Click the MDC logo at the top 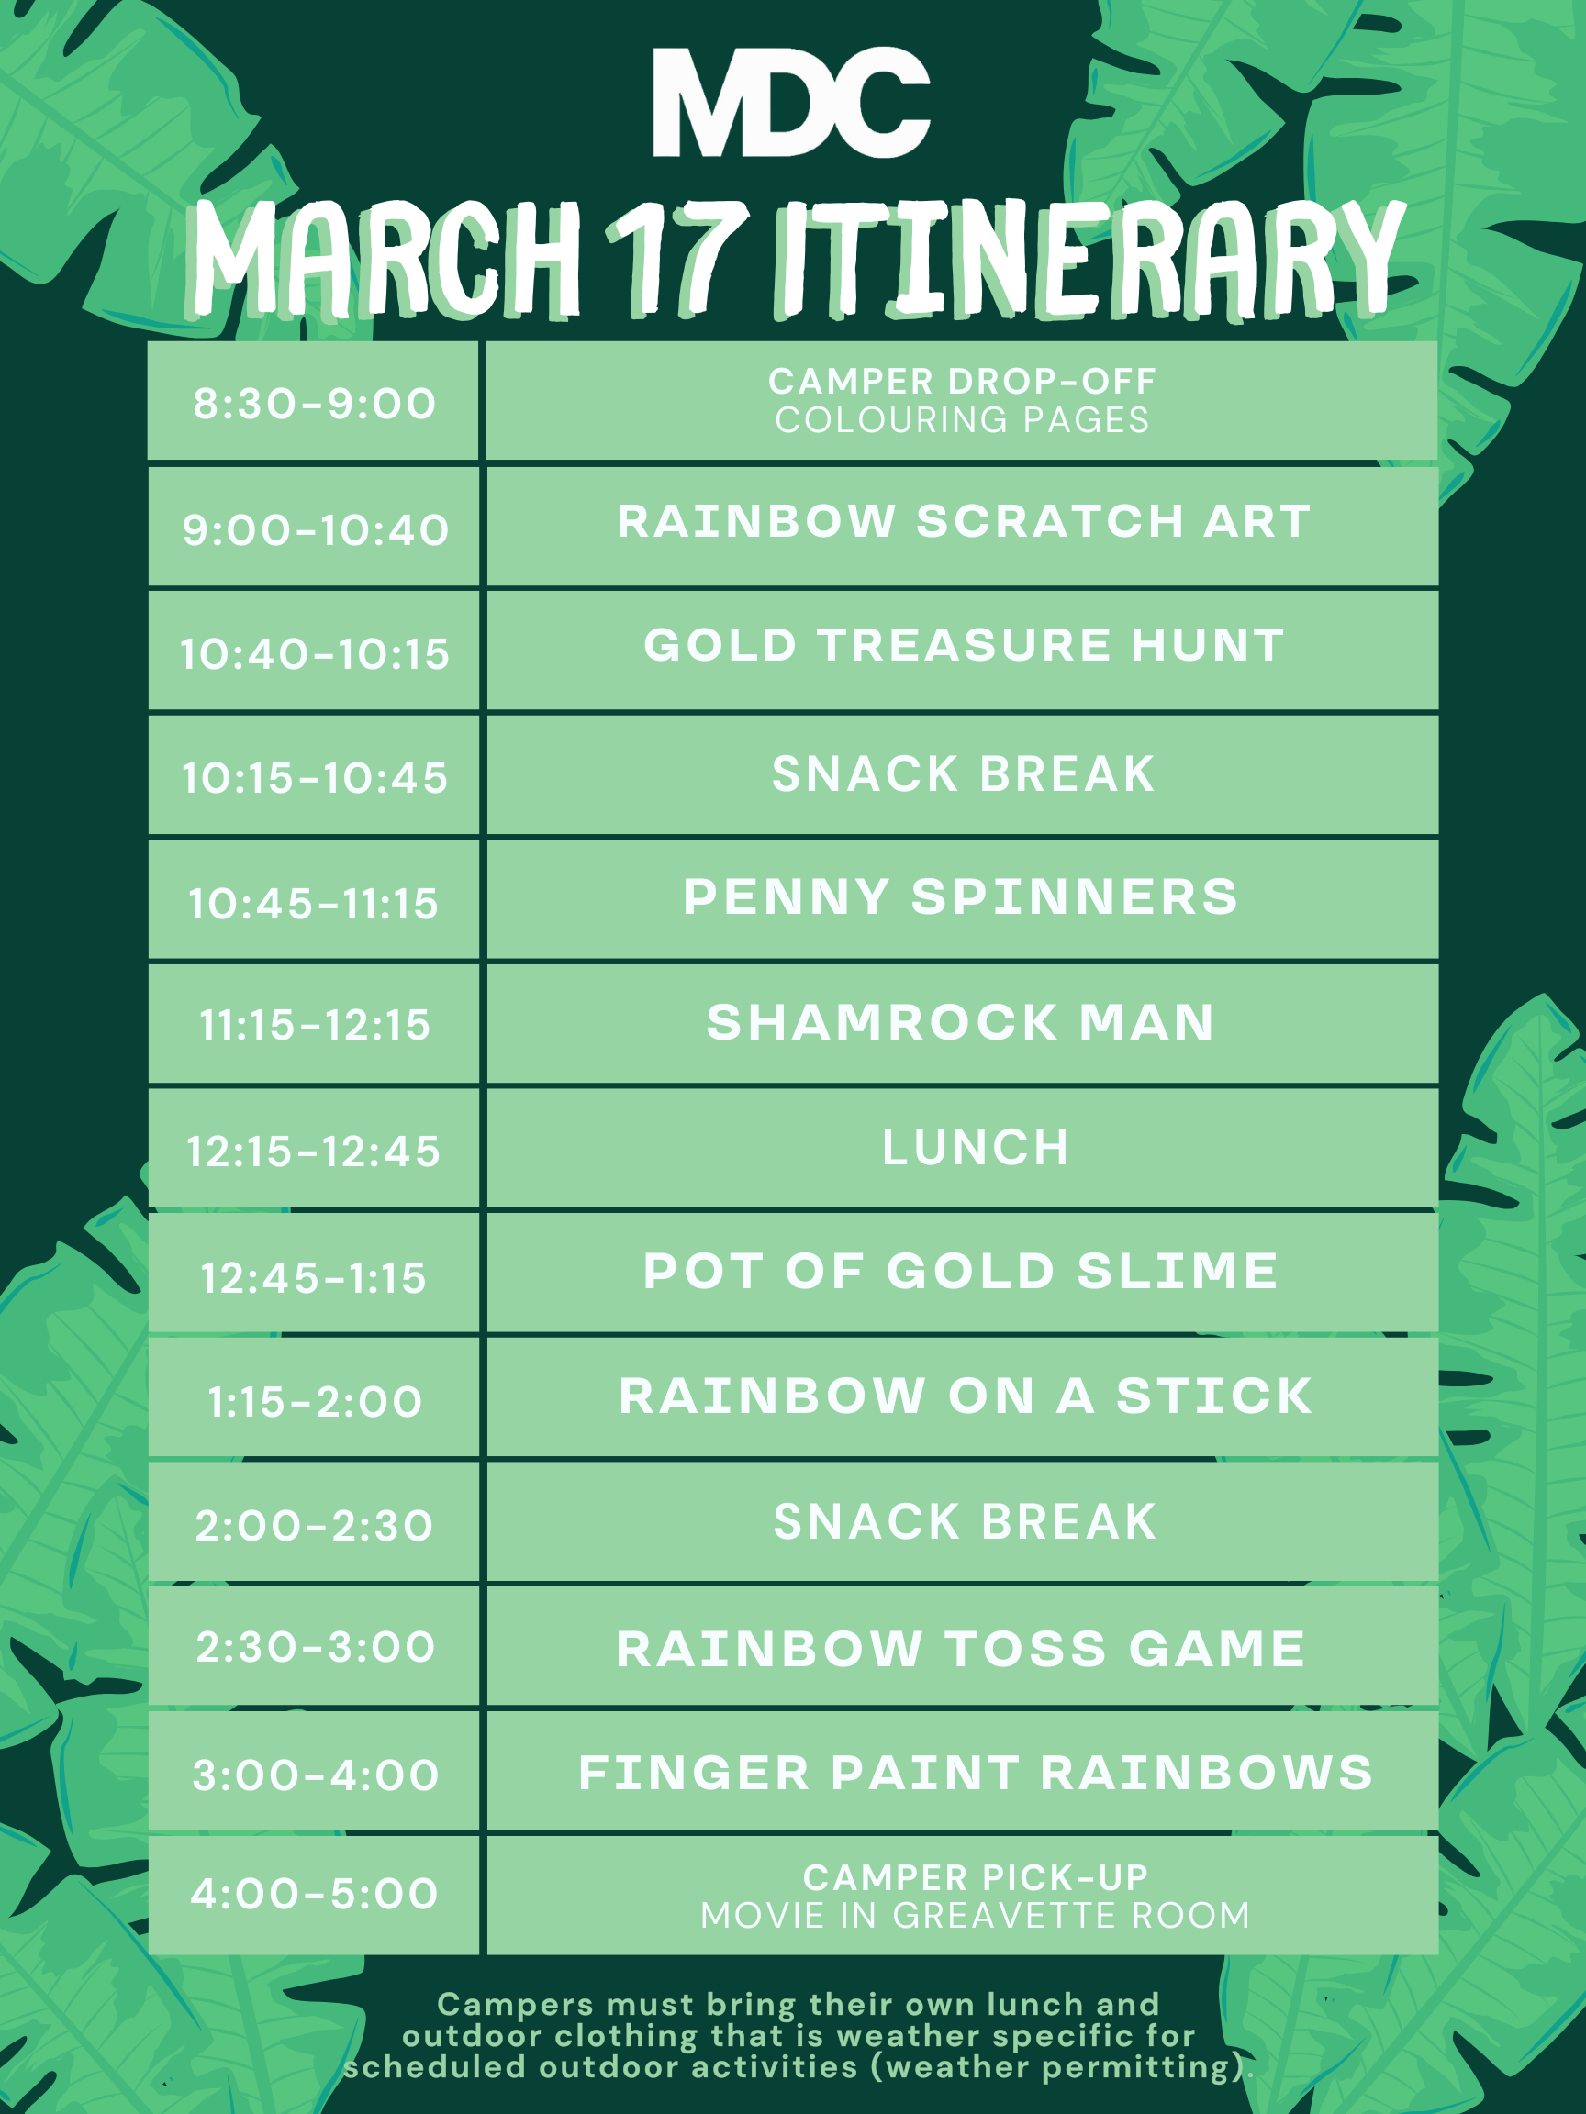(x=791, y=101)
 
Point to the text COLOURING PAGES (x=962, y=420)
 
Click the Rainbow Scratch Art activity (x=963, y=522)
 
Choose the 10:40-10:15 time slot (x=314, y=653)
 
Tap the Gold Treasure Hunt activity (x=963, y=645)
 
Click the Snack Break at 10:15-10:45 (x=963, y=774)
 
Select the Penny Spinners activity (x=961, y=896)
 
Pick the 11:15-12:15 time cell (x=314, y=1025)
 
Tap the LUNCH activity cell (x=963, y=1148)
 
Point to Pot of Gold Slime (x=961, y=1271)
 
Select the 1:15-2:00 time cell (x=314, y=1397)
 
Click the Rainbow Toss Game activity (x=961, y=1649)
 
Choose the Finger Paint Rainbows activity (x=975, y=1773)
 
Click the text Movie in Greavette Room (x=975, y=1915)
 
